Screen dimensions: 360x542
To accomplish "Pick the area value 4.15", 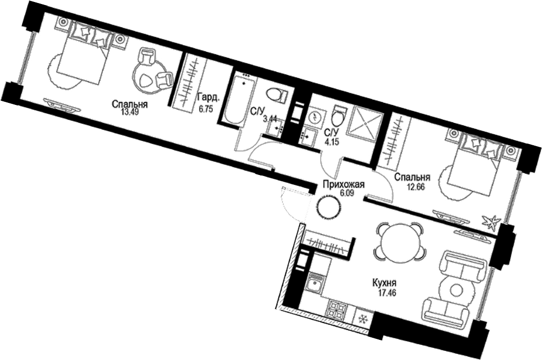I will (x=331, y=142).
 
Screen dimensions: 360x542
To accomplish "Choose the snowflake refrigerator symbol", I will (x=362, y=319).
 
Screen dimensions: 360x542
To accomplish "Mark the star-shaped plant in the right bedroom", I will (x=491, y=221).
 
